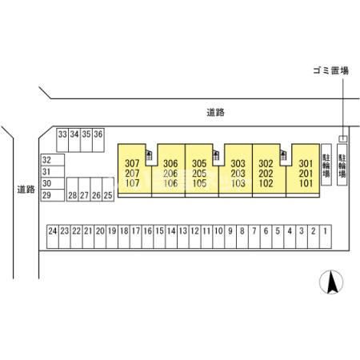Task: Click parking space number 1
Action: click(x=326, y=237)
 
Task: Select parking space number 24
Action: click(x=53, y=237)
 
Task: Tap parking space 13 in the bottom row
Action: click(x=183, y=237)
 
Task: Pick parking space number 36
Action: click(x=98, y=140)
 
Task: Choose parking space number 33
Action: click(x=62, y=140)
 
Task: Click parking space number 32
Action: click(x=53, y=160)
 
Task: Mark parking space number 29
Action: click(x=53, y=195)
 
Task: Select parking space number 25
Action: click(x=108, y=190)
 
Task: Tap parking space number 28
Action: click(x=73, y=190)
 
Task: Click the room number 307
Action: click(x=132, y=163)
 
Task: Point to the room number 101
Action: click(x=306, y=183)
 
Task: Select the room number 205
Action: click(x=199, y=174)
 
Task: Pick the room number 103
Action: click(x=238, y=183)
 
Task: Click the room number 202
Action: click(x=266, y=174)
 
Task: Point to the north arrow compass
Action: click(x=331, y=282)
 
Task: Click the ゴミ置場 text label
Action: click(x=330, y=70)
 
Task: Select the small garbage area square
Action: click(x=343, y=138)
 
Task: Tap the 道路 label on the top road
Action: click(x=215, y=113)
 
